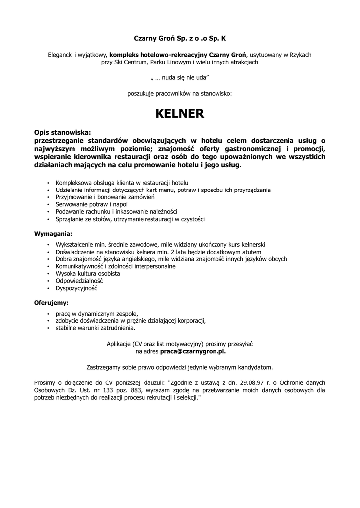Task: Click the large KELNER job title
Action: (180, 114)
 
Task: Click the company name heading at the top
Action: (180, 38)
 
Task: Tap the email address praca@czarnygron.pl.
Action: (193, 351)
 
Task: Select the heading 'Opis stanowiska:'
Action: (63, 133)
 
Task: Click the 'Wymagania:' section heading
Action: (53, 233)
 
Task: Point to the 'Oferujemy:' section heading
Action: (51, 302)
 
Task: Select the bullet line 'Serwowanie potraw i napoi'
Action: (91, 204)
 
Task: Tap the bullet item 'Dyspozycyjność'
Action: (76, 288)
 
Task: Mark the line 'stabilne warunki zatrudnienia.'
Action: (95, 328)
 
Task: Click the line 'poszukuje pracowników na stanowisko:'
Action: (180, 93)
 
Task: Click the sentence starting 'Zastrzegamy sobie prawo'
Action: (180, 367)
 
